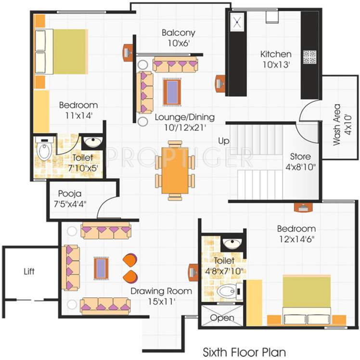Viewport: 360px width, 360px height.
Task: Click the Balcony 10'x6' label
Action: (178, 38)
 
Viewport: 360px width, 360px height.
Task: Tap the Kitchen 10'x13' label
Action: (275, 59)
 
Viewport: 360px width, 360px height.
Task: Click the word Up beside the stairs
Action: (224, 141)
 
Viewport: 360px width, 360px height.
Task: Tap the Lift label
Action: (29, 271)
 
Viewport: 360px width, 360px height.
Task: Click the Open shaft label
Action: (222, 318)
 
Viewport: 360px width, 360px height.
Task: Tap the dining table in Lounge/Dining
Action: (175, 169)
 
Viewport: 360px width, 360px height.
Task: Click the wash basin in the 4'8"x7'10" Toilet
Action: (233, 243)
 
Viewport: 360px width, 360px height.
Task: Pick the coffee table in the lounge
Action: (172, 90)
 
